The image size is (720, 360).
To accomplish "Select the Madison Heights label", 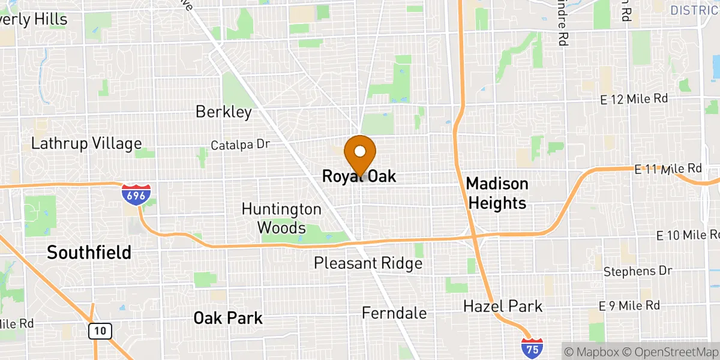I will (497, 193).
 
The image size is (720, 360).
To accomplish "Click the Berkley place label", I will (223, 112).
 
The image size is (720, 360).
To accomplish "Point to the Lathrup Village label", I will (86, 144).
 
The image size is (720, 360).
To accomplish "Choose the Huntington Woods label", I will (281, 218).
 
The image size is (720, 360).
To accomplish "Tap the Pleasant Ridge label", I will (368, 263).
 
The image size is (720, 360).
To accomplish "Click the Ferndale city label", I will (394, 313).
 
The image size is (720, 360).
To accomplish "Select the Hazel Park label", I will (503, 307).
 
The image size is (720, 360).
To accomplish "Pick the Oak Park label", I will (228, 317).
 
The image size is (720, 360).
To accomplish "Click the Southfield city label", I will (89, 253).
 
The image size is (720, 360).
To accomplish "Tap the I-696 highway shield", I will (133, 194).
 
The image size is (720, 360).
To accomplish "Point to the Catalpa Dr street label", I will (241, 145).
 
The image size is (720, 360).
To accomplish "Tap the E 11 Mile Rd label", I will (668, 169).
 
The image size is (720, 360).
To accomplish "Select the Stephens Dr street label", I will (638, 271).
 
